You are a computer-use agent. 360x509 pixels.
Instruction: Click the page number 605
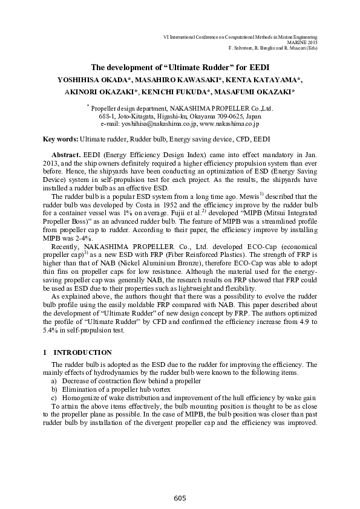pyautogui.click(x=180, y=498)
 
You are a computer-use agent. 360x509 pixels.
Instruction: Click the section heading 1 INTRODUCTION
pyautogui.click(x=77, y=352)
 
